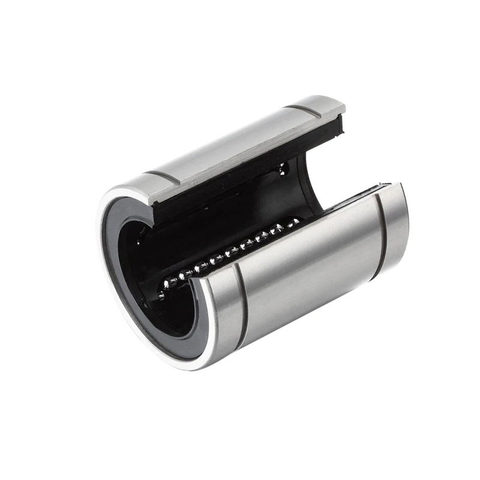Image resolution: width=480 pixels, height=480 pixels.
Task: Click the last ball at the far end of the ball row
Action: click(293, 223)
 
